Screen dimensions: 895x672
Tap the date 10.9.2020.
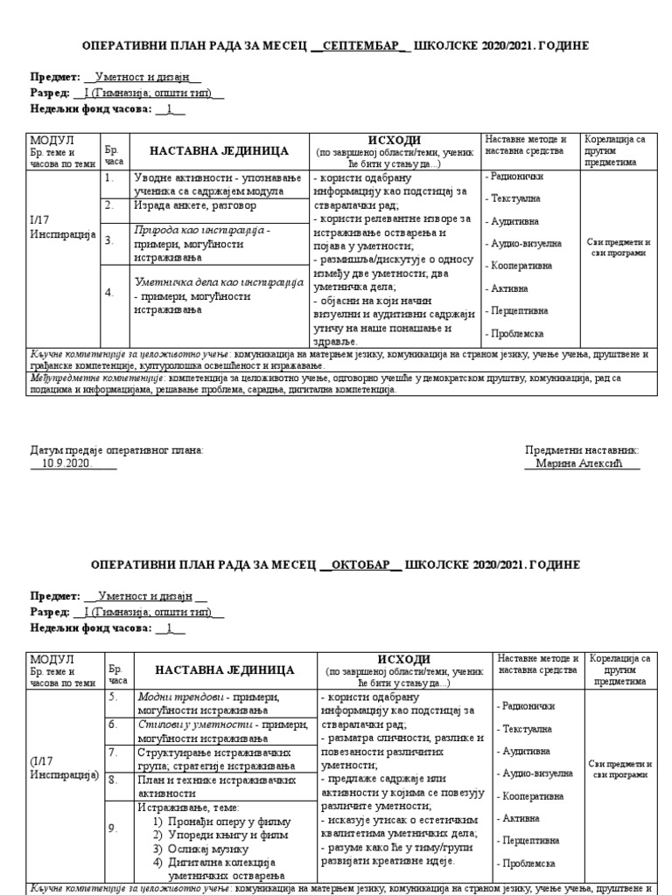66,463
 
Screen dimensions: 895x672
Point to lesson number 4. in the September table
110,293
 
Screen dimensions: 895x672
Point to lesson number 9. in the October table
113,828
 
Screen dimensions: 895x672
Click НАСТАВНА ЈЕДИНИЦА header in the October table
224,670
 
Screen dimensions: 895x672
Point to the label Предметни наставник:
582,449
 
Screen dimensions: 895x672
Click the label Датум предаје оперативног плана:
116,449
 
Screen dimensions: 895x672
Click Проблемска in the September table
516,333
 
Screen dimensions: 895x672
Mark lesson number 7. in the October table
113,751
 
